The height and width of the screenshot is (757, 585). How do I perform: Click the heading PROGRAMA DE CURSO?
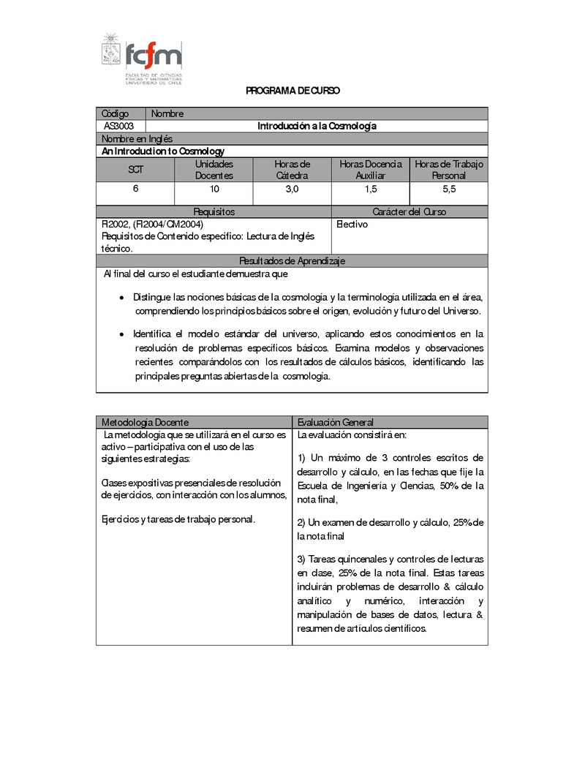click(292, 91)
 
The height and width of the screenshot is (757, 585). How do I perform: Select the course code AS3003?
click(118, 126)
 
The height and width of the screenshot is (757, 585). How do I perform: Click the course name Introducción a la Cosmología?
click(317, 126)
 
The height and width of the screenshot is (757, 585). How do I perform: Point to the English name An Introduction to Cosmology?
click(163, 151)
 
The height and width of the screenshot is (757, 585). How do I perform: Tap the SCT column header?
click(136, 170)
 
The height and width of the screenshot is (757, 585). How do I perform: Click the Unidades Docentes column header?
click(214, 170)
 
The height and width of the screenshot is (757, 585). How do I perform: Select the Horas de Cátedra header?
click(292, 170)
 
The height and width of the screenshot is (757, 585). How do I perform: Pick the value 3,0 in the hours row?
click(292, 189)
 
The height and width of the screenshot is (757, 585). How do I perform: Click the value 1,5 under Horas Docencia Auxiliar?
click(371, 189)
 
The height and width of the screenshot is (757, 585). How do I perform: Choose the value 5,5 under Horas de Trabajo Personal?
click(449, 189)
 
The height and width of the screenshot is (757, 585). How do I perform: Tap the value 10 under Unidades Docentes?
click(214, 189)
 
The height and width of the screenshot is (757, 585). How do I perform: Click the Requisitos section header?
click(214, 211)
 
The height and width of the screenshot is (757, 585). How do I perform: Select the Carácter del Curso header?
click(409, 211)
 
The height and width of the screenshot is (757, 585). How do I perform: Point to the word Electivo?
click(352, 225)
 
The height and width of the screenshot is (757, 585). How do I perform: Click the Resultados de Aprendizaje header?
click(292, 261)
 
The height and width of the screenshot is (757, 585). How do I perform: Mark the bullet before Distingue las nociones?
click(122, 298)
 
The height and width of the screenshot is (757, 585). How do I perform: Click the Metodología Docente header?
click(145, 422)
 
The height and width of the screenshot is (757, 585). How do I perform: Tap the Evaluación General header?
click(336, 422)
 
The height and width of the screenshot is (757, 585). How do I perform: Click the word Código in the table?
click(116, 113)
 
